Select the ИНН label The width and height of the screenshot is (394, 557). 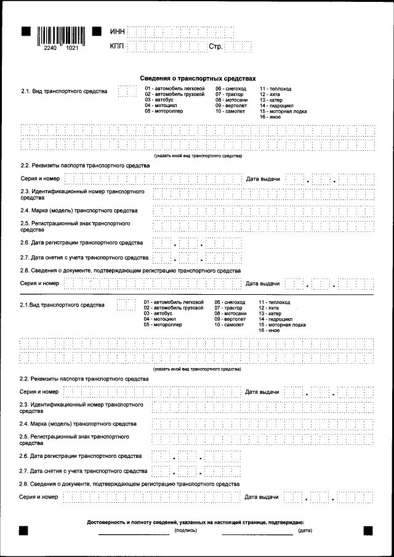pos(117,31)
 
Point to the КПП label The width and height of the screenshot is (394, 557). pos(117,46)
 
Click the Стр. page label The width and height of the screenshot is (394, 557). pos(215,46)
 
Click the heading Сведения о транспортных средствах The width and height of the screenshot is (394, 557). pos(197,79)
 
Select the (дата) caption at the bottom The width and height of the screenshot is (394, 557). pos(305,530)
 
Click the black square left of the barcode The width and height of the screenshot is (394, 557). pos(25,30)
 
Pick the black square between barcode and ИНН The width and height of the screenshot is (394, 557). pos(96,30)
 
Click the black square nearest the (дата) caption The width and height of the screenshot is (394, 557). pos(368,530)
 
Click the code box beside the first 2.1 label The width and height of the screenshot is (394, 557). pos(127,92)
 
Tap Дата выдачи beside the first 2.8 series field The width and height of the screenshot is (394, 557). pos(263,284)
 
